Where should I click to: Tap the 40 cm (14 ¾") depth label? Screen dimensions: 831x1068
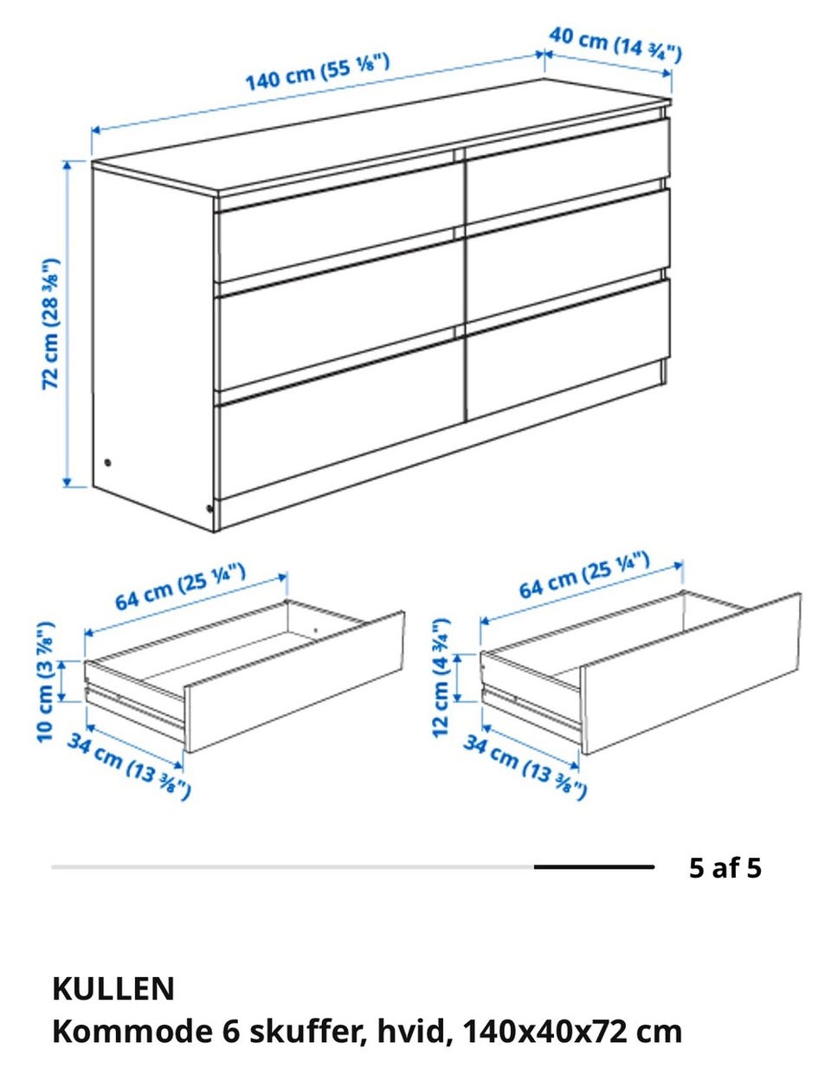(615, 45)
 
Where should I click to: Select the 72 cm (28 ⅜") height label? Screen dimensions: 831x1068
(50, 324)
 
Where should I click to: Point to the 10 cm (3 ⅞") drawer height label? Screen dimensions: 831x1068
(46, 682)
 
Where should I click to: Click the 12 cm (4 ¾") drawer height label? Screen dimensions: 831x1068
(441, 678)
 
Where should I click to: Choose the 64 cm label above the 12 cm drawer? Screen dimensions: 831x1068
(584, 575)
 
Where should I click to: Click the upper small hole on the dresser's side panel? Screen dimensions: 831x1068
(107, 462)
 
